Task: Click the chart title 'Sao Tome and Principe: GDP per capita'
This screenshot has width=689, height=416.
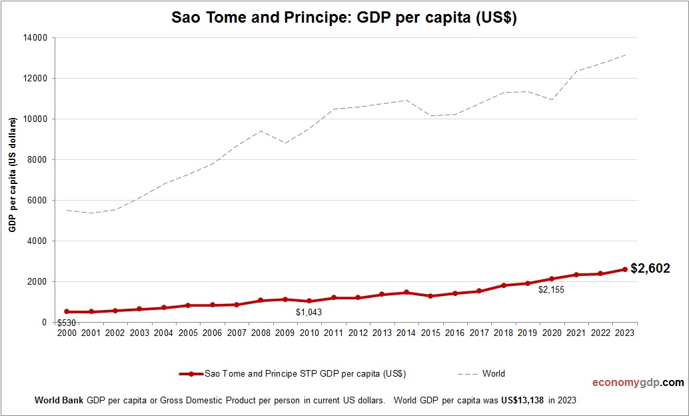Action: [344, 18]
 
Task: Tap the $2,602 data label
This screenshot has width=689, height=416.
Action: [650, 269]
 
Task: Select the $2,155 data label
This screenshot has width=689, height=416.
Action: [552, 290]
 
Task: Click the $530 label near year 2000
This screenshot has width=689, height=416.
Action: [67, 323]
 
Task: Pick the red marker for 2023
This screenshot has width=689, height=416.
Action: [625, 269]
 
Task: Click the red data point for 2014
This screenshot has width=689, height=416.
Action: [406, 293]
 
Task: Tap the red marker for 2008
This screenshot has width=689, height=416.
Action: [261, 301]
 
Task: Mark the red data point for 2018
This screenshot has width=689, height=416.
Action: [504, 285]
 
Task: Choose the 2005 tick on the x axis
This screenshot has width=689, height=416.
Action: [188, 333]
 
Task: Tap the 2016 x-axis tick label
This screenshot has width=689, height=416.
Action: [455, 333]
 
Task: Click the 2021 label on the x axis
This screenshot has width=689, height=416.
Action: [576, 333]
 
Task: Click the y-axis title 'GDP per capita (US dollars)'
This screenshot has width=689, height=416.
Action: [13, 175]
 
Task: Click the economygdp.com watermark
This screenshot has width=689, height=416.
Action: [638, 383]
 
